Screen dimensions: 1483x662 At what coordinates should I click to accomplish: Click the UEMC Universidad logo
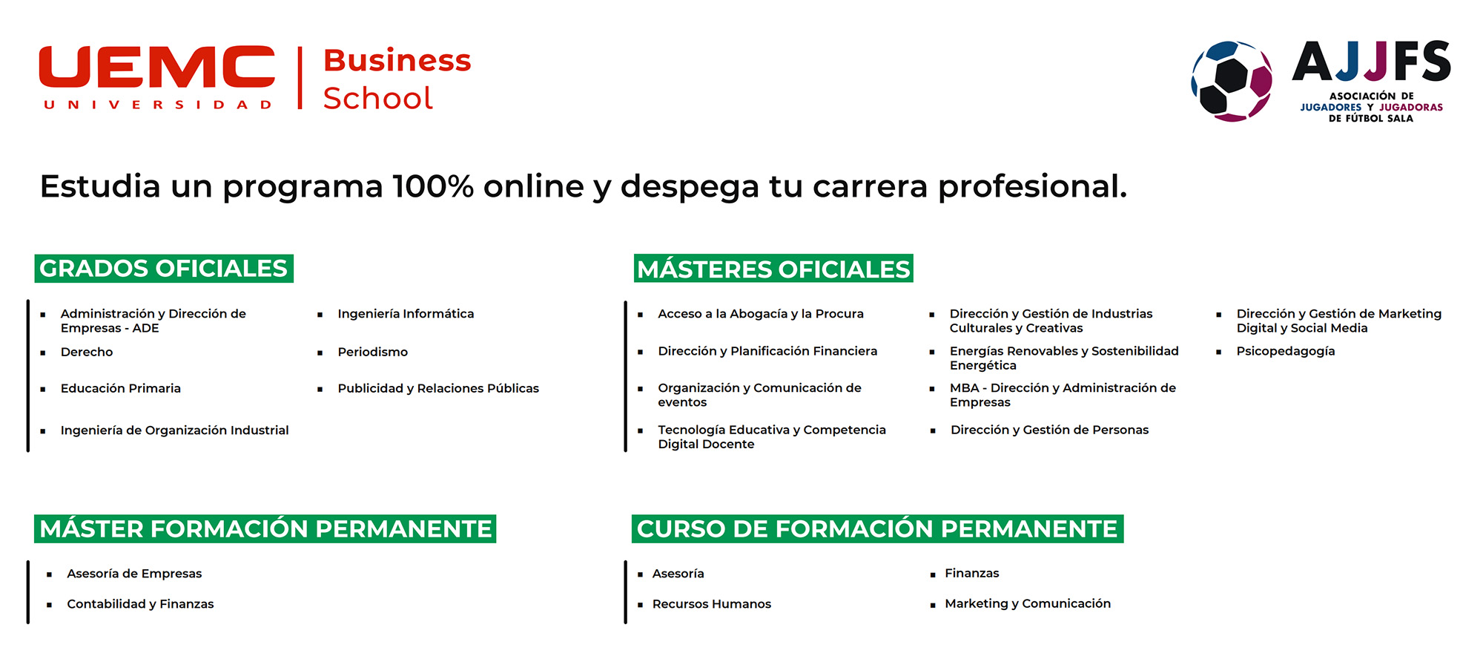pos(157,77)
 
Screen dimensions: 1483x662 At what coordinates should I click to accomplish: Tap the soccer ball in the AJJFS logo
pos(1232,81)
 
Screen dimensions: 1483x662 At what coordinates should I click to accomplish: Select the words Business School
pos(397,79)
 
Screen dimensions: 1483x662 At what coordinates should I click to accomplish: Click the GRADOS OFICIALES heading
pos(164,268)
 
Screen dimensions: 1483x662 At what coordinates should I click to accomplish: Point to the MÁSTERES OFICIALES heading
pos(773,268)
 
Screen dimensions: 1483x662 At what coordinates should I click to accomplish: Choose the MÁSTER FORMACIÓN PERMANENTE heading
pos(265,528)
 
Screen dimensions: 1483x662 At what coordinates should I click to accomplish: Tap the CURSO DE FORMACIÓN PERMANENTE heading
pos(877,528)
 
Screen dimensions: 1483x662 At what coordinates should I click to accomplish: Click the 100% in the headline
pos(433,186)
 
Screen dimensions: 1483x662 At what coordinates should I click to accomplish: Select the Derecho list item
pos(87,352)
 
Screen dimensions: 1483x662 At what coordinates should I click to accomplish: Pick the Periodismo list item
pos(372,352)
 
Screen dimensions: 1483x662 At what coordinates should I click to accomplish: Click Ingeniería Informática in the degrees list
pos(406,314)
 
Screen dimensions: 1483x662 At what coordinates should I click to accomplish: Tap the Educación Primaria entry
pos(121,388)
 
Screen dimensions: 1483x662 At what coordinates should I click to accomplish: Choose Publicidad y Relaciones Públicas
pos(438,388)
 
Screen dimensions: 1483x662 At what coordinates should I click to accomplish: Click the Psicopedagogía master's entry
pos(1286,352)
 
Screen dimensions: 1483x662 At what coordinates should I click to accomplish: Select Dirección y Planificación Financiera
pos(767,351)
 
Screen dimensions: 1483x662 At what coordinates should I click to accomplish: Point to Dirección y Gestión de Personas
pos(1049,430)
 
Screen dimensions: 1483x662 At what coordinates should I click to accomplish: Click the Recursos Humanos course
pos(712,604)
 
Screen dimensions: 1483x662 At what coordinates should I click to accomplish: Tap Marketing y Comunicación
pos(1028,603)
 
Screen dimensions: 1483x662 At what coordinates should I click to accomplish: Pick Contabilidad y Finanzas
pos(140,604)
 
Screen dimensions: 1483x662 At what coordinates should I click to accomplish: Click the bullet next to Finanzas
pos(933,574)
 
